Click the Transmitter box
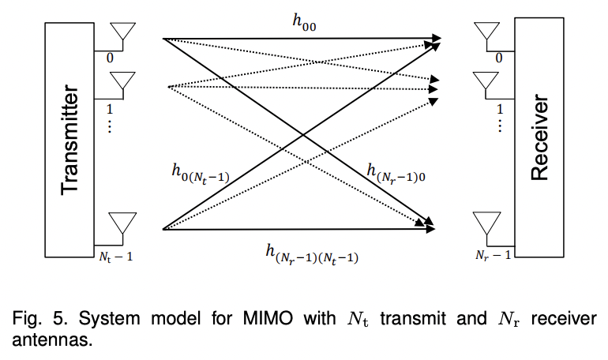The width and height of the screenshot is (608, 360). pos(70,140)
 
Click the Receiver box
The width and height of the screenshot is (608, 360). pos(539,139)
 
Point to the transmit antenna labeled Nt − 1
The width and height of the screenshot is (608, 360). pos(122,223)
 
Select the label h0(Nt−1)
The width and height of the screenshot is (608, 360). pos(200,172)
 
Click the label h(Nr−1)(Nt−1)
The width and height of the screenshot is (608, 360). pos(311,253)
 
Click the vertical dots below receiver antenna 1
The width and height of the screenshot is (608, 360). pos(498,126)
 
